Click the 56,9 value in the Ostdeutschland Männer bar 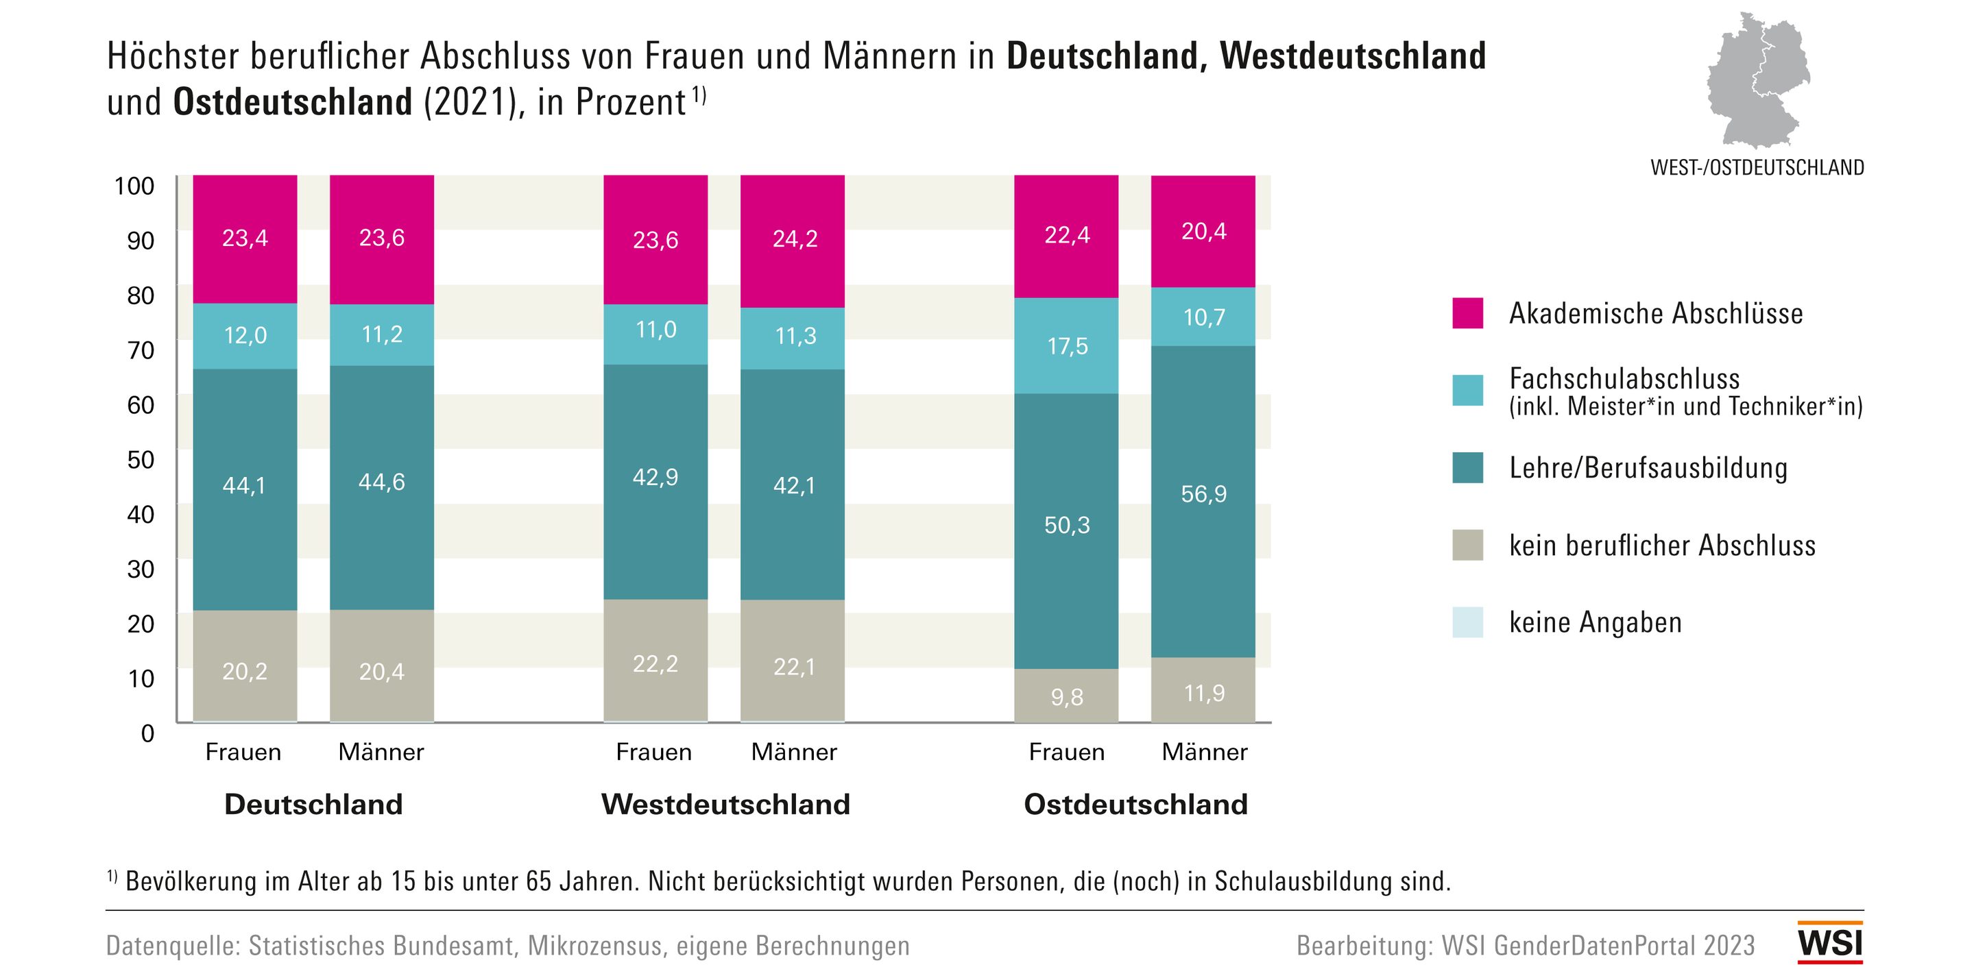pyautogui.click(x=1203, y=494)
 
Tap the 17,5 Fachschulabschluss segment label pyautogui.click(x=1067, y=346)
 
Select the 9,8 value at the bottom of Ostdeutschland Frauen pyautogui.click(x=1067, y=697)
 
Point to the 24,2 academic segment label pyautogui.click(x=794, y=239)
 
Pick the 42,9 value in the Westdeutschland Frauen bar pyautogui.click(x=655, y=478)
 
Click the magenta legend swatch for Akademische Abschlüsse pyautogui.click(x=1467, y=313)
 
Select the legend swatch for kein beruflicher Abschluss pyautogui.click(x=1467, y=546)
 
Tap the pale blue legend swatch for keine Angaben pyautogui.click(x=1467, y=622)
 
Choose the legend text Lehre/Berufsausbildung pyautogui.click(x=1648, y=468)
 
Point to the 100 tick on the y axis pyautogui.click(x=134, y=186)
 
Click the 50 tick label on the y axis pyautogui.click(x=141, y=460)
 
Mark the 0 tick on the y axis pyautogui.click(x=147, y=733)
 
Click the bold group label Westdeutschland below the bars pyautogui.click(x=725, y=805)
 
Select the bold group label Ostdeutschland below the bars pyautogui.click(x=1135, y=805)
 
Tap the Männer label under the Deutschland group pyautogui.click(x=381, y=752)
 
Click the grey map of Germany pyautogui.click(x=1758, y=80)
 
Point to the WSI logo pyautogui.click(x=1830, y=942)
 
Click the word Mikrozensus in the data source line pyautogui.click(x=594, y=946)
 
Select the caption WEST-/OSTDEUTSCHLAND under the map pyautogui.click(x=1757, y=168)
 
